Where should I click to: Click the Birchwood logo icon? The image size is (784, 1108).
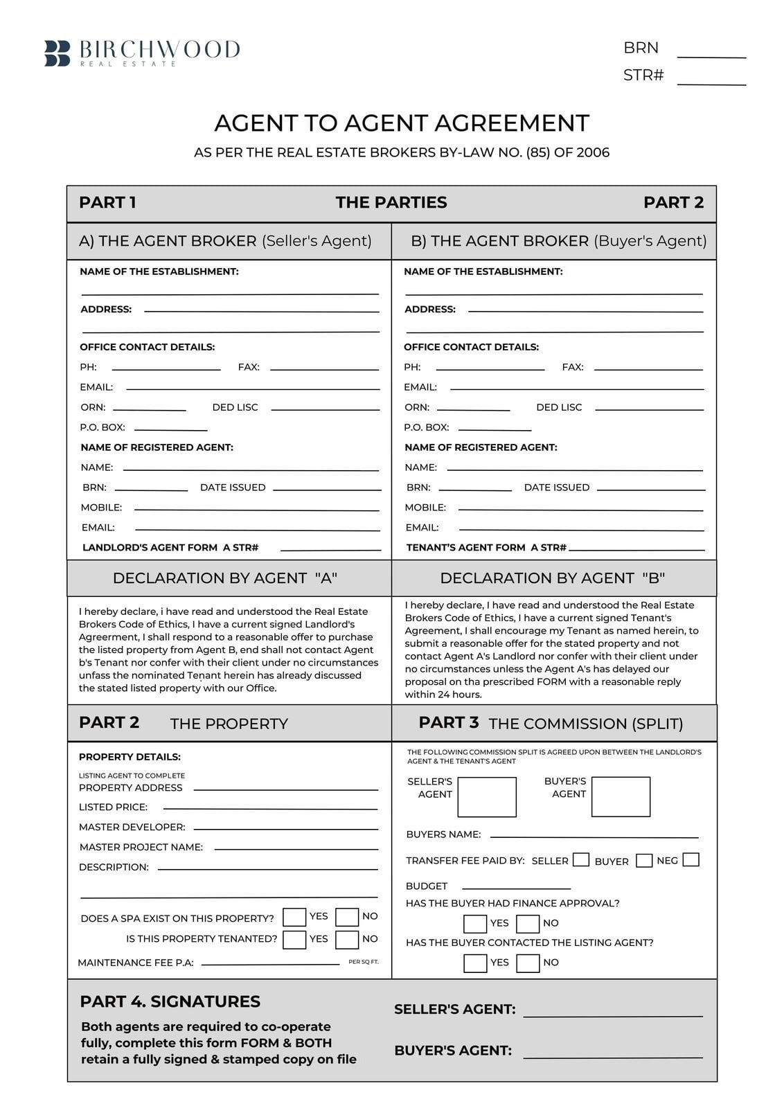pyautogui.click(x=57, y=53)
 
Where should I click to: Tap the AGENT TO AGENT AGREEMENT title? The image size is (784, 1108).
pyautogui.click(x=402, y=123)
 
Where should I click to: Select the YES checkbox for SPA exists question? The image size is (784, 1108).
pyautogui.click(x=294, y=918)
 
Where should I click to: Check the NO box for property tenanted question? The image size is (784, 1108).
pyautogui.click(x=347, y=940)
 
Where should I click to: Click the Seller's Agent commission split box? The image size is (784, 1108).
pyautogui.click(x=487, y=797)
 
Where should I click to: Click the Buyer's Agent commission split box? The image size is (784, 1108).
pyautogui.click(x=621, y=797)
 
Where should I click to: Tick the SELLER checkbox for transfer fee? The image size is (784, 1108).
pyautogui.click(x=581, y=860)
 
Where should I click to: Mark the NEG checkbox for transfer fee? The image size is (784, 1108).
pyautogui.click(x=691, y=860)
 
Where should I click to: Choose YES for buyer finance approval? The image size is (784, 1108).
pyautogui.click(x=475, y=924)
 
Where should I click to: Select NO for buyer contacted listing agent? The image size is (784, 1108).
pyautogui.click(x=528, y=963)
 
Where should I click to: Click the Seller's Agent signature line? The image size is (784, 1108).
pyautogui.click(x=613, y=1015)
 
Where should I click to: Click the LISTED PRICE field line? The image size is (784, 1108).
pyautogui.click(x=270, y=807)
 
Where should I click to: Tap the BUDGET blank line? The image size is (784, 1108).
pyautogui.click(x=516, y=887)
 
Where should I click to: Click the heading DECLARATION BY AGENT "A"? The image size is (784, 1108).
pyautogui.click(x=225, y=578)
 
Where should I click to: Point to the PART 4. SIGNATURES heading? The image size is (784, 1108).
pyautogui.click(x=170, y=1001)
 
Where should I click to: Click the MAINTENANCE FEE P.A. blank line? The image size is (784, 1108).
pyautogui.click(x=270, y=963)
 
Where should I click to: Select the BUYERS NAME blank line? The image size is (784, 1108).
pyautogui.click(x=594, y=837)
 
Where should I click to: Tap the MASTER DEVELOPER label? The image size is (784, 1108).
pyautogui.click(x=132, y=827)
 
